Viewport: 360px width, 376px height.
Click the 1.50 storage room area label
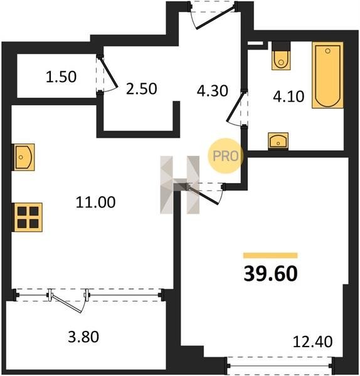pos(61,76)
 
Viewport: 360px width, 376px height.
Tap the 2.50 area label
pos(141,89)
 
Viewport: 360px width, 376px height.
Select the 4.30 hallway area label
pos(212,91)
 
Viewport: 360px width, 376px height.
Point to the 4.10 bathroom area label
pos(289,97)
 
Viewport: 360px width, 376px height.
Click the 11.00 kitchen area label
pos(95,202)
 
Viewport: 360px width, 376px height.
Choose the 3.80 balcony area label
pos(83,337)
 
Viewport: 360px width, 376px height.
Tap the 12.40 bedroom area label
pos(313,342)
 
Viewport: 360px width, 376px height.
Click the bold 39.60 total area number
pos(270,274)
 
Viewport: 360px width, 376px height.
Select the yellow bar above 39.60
pos(270,256)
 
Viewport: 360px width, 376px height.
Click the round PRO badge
pos(226,156)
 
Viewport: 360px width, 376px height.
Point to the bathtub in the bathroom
pos(327,75)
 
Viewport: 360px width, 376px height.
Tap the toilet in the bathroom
pos(281,56)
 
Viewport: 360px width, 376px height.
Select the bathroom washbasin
pos(278,141)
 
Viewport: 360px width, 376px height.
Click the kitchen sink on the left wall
pos(23,157)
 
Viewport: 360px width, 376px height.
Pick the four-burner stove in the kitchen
pos(28,217)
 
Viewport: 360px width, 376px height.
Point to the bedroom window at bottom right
pos(280,365)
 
